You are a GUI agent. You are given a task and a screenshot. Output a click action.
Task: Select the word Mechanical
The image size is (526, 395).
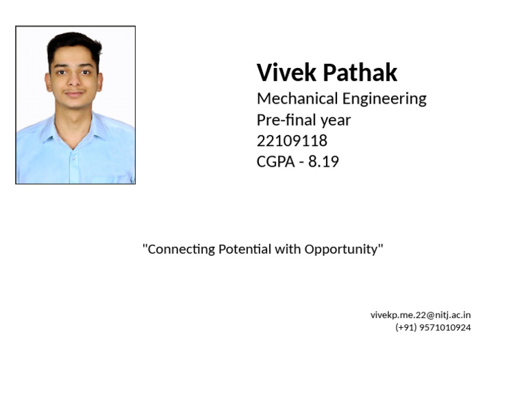[x=297, y=99]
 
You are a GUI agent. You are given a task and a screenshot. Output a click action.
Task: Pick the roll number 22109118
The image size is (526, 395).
[x=292, y=141]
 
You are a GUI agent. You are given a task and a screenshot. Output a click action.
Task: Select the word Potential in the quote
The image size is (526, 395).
[x=245, y=249]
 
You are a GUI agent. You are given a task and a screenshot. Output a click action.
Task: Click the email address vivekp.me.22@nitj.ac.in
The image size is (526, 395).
[x=421, y=315]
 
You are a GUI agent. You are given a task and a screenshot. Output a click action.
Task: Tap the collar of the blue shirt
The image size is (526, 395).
[x=55, y=128]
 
